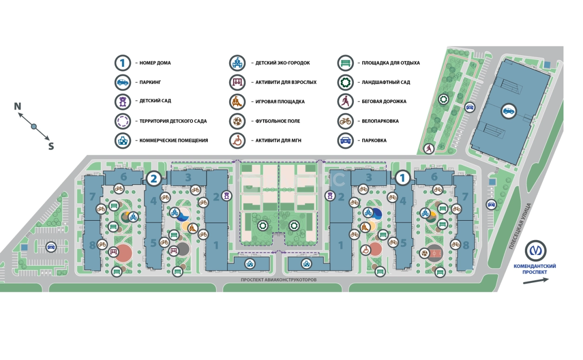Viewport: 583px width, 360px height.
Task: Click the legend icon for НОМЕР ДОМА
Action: point(122,63)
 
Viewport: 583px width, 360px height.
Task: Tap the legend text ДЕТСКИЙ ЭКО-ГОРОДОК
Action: point(282,63)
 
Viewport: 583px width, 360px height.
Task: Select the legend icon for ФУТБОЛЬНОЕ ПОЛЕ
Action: point(237,121)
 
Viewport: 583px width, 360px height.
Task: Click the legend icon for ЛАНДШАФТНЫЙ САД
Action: point(345,82)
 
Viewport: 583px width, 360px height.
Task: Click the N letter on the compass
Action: point(18,106)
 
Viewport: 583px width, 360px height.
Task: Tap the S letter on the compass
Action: point(51,146)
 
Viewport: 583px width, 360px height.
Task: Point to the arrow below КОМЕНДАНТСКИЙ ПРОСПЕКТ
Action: point(536,281)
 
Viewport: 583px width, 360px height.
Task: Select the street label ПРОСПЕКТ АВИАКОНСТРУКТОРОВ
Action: point(278,281)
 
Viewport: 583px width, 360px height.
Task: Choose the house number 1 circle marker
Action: point(403,177)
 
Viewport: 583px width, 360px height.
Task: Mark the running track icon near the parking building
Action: point(429,149)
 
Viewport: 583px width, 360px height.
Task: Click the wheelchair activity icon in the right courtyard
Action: point(365,250)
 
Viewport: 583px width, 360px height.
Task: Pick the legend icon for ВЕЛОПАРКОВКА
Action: point(345,121)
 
